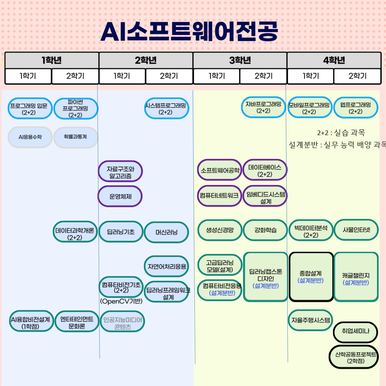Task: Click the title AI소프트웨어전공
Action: [x=189, y=31]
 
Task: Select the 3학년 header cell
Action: [x=240, y=60]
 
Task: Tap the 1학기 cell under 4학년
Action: [x=310, y=76]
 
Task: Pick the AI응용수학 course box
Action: [x=30, y=137]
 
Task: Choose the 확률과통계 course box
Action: [x=75, y=137]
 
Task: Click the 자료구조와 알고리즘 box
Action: [x=120, y=171]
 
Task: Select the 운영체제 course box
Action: [x=120, y=196]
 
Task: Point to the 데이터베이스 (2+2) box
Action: [x=265, y=170]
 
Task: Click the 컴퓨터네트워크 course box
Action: [x=219, y=196]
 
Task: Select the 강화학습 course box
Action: [x=265, y=230]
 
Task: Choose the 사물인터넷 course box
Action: [x=356, y=230]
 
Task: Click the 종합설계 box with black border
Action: [x=311, y=277]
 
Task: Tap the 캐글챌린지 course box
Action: [x=356, y=277]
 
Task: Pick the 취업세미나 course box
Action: [x=355, y=332]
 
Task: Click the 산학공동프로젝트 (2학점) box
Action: [x=353, y=357]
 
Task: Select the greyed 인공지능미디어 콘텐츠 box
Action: [x=123, y=321]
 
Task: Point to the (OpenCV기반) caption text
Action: [x=121, y=301]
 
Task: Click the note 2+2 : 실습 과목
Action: [x=341, y=133]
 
